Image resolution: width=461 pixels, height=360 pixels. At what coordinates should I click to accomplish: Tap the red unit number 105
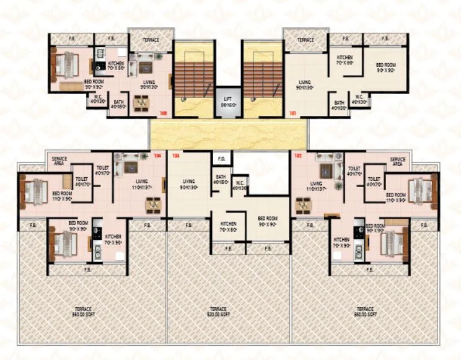164,113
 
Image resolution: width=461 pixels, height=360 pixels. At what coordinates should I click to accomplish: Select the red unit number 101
292,113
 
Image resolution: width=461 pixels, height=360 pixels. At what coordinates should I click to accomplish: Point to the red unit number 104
157,156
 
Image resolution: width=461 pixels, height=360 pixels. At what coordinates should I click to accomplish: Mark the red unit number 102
297,156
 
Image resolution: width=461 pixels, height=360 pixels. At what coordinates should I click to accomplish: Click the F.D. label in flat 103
221,158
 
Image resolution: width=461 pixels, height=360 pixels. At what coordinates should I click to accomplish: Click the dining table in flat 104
152,204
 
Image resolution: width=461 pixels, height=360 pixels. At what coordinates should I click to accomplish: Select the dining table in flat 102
303,204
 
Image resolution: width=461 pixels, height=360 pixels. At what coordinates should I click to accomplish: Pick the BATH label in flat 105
118,104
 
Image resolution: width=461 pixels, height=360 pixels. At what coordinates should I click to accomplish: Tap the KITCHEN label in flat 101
344,60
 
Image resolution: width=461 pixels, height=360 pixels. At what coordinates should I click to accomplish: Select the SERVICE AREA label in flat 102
397,161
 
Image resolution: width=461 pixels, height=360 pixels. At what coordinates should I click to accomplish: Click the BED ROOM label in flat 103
268,221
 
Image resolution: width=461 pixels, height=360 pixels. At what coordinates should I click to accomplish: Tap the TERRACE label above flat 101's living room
305,40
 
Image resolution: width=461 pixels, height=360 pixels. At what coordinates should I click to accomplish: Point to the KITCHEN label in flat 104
113,239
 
